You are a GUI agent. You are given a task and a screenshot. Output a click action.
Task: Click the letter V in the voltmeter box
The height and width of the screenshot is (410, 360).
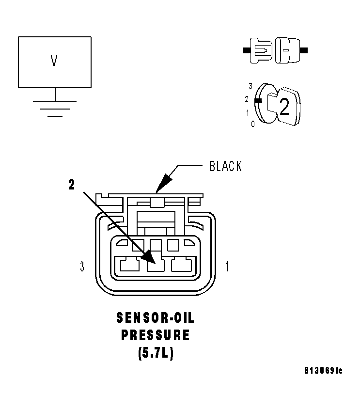tap(54, 61)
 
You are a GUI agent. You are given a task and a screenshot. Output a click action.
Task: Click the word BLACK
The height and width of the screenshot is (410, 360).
tap(225, 166)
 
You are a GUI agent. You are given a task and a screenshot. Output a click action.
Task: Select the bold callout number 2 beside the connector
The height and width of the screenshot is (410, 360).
tap(71, 185)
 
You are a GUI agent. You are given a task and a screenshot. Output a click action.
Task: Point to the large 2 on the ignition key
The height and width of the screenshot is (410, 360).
tap(284, 107)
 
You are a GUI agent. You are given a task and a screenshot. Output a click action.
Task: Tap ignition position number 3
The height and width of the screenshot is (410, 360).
tap(250, 86)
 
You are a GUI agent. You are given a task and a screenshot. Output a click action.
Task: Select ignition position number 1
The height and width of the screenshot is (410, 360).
tap(248, 112)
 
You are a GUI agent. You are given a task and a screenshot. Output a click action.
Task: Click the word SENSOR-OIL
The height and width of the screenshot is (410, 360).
tap(156, 318)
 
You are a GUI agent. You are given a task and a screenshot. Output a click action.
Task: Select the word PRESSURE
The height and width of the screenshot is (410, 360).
tap(156, 335)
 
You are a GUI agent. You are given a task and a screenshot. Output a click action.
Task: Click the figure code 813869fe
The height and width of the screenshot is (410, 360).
tap(323, 371)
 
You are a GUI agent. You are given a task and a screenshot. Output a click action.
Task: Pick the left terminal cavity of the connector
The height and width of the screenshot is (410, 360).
tap(129, 265)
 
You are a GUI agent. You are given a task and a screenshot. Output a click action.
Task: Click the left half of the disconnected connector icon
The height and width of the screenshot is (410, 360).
tap(261, 50)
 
